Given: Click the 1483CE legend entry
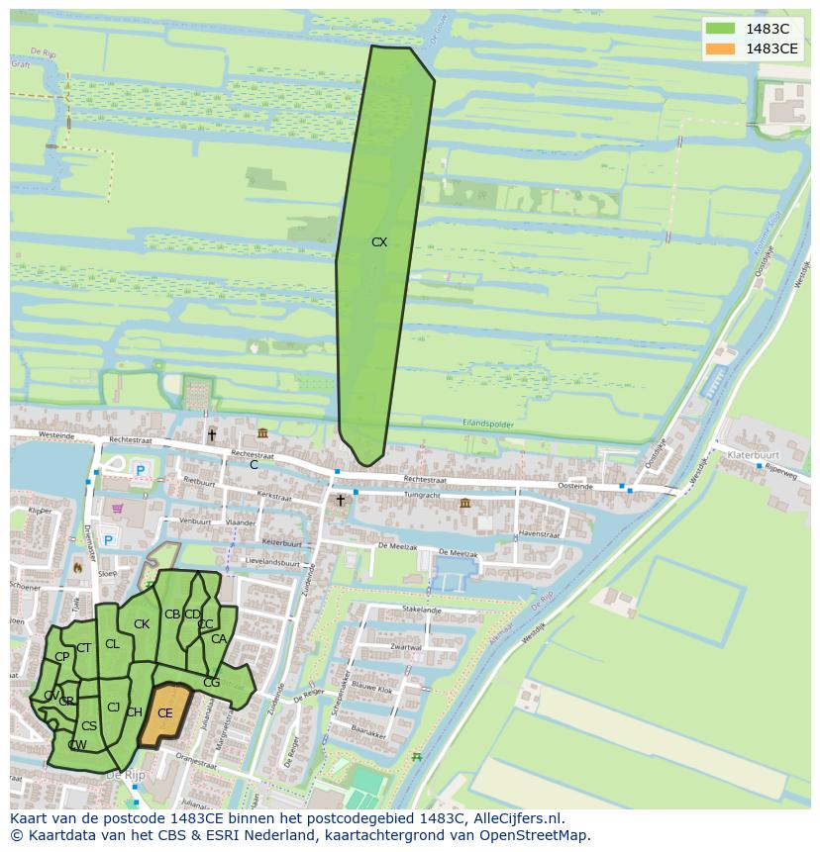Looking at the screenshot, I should tap(753, 48).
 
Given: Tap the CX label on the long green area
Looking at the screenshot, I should tap(379, 241).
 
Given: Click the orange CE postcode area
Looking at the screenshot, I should tap(164, 712).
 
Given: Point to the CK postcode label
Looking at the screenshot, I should tap(142, 623).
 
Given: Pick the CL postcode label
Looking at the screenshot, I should tap(112, 643).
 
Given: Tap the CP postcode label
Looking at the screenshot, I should tap(61, 656).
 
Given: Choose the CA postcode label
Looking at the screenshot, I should tap(219, 638).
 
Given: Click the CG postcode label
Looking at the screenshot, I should tap(211, 682).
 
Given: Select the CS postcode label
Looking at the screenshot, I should tap(88, 725).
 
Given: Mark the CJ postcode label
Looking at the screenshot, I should tap(113, 707).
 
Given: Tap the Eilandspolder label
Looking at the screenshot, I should tap(488, 424).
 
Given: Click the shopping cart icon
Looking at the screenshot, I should tap(120, 508).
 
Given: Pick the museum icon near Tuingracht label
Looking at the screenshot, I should tap(465, 503).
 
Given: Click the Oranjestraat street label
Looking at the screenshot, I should tap(194, 763).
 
